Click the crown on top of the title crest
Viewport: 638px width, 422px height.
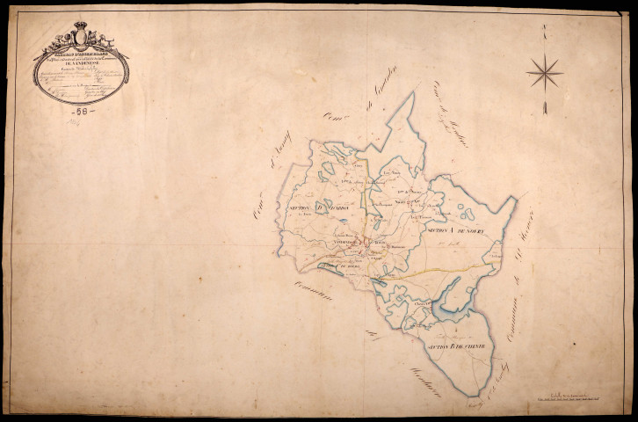click(81, 26)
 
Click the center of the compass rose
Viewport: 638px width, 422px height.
click(545, 70)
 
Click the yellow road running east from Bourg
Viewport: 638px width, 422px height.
click(439, 269)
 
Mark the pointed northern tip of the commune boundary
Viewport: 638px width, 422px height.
click(411, 94)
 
